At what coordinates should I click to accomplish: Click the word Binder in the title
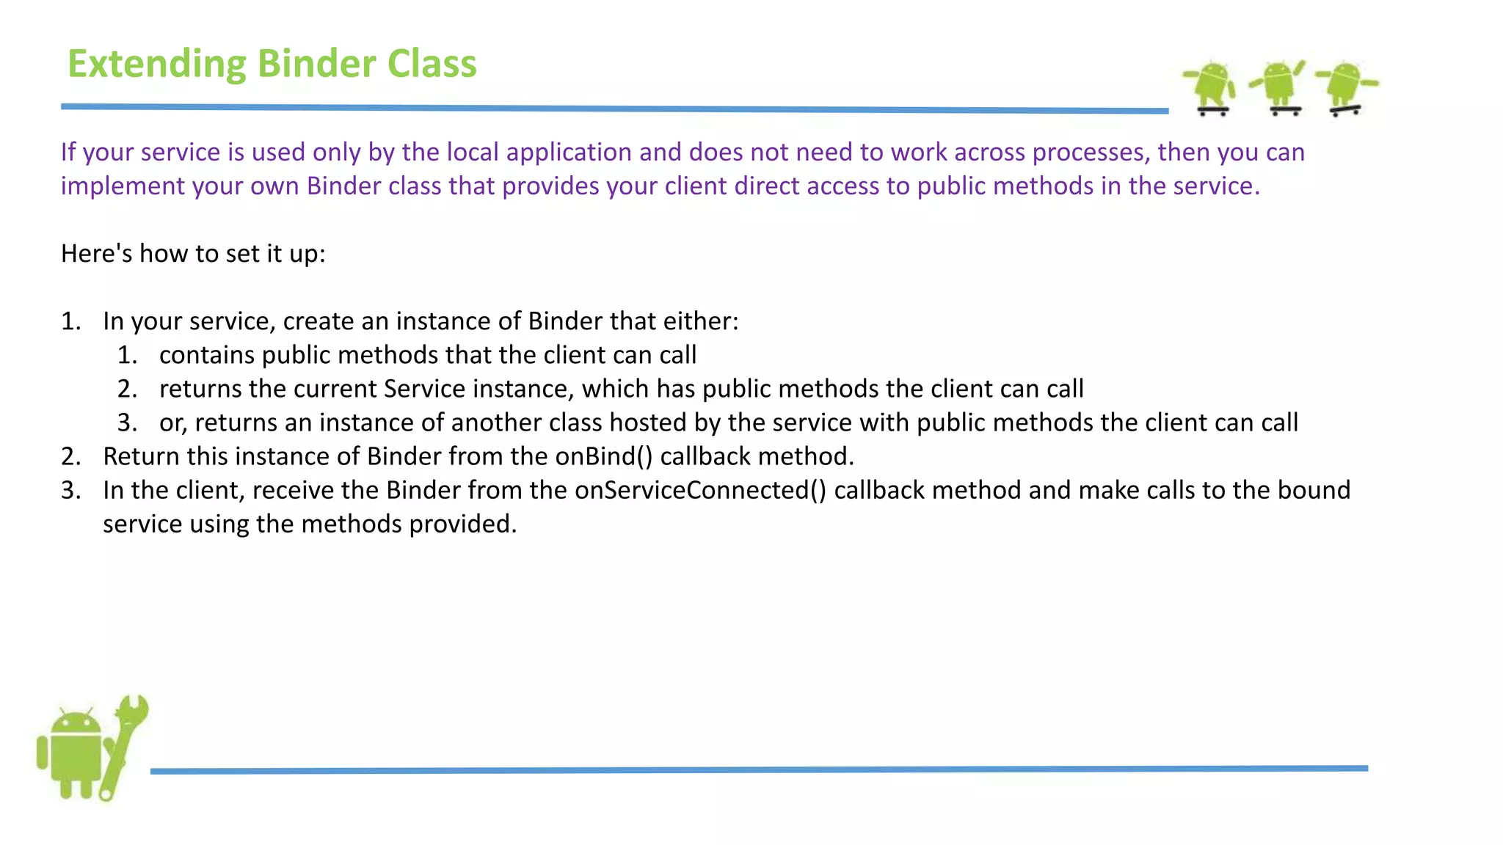pyautogui.click(x=316, y=64)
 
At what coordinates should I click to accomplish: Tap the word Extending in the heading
pyautogui.click(x=156, y=64)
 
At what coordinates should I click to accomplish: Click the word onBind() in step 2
pyautogui.click(x=603, y=456)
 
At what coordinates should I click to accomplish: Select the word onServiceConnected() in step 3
pyautogui.click(x=700, y=490)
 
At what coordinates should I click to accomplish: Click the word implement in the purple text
pyautogui.click(x=123, y=186)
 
